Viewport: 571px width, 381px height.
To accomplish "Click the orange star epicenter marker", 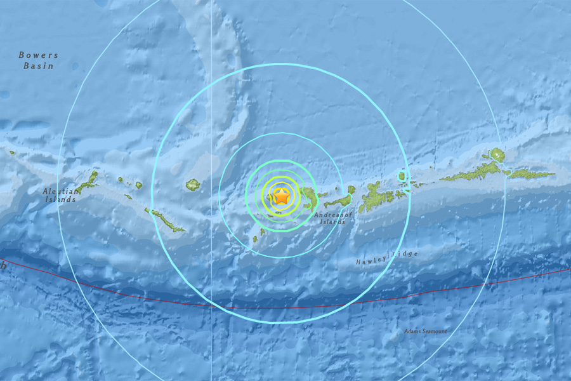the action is [x=281, y=197].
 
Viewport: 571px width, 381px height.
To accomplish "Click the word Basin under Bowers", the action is [x=39, y=65].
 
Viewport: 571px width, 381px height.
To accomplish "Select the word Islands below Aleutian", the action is [x=60, y=199].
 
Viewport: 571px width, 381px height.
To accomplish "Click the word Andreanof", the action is [x=332, y=215].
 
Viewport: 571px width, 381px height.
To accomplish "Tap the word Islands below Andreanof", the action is [x=332, y=222].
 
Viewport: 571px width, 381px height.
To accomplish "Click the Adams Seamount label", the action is [x=425, y=331].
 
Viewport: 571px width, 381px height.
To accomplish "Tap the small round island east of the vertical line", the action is [x=193, y=185].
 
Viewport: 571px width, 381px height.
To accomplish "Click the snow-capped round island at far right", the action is [x=496, y=154].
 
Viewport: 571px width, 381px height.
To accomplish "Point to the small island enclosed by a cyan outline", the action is [x=401, y=176].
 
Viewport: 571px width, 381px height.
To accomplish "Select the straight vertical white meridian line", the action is [x=211, y=95].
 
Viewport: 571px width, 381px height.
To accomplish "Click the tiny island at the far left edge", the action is [x=11, y=152].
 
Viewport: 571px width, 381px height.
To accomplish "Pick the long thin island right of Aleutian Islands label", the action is [x=164, y=220].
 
